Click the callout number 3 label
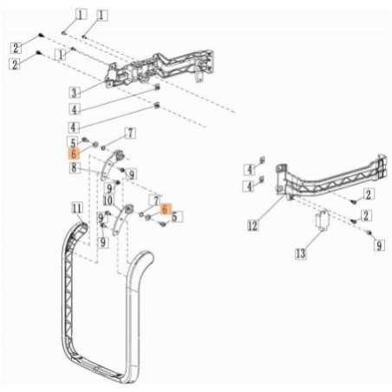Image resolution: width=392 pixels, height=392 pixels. (75, 92)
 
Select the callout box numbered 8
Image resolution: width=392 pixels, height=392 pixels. (75, 167)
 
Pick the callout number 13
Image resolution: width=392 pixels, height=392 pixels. (301, 254)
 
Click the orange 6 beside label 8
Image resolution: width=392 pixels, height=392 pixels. (75, 152)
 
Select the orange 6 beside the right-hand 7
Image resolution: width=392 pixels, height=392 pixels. (166, 210)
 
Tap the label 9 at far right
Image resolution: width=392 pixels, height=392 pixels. (379, 246)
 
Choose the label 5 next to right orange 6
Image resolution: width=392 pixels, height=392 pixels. (177, 218)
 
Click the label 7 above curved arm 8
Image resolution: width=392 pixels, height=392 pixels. (129, 133)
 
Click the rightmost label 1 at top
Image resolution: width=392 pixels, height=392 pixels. (102, 15)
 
